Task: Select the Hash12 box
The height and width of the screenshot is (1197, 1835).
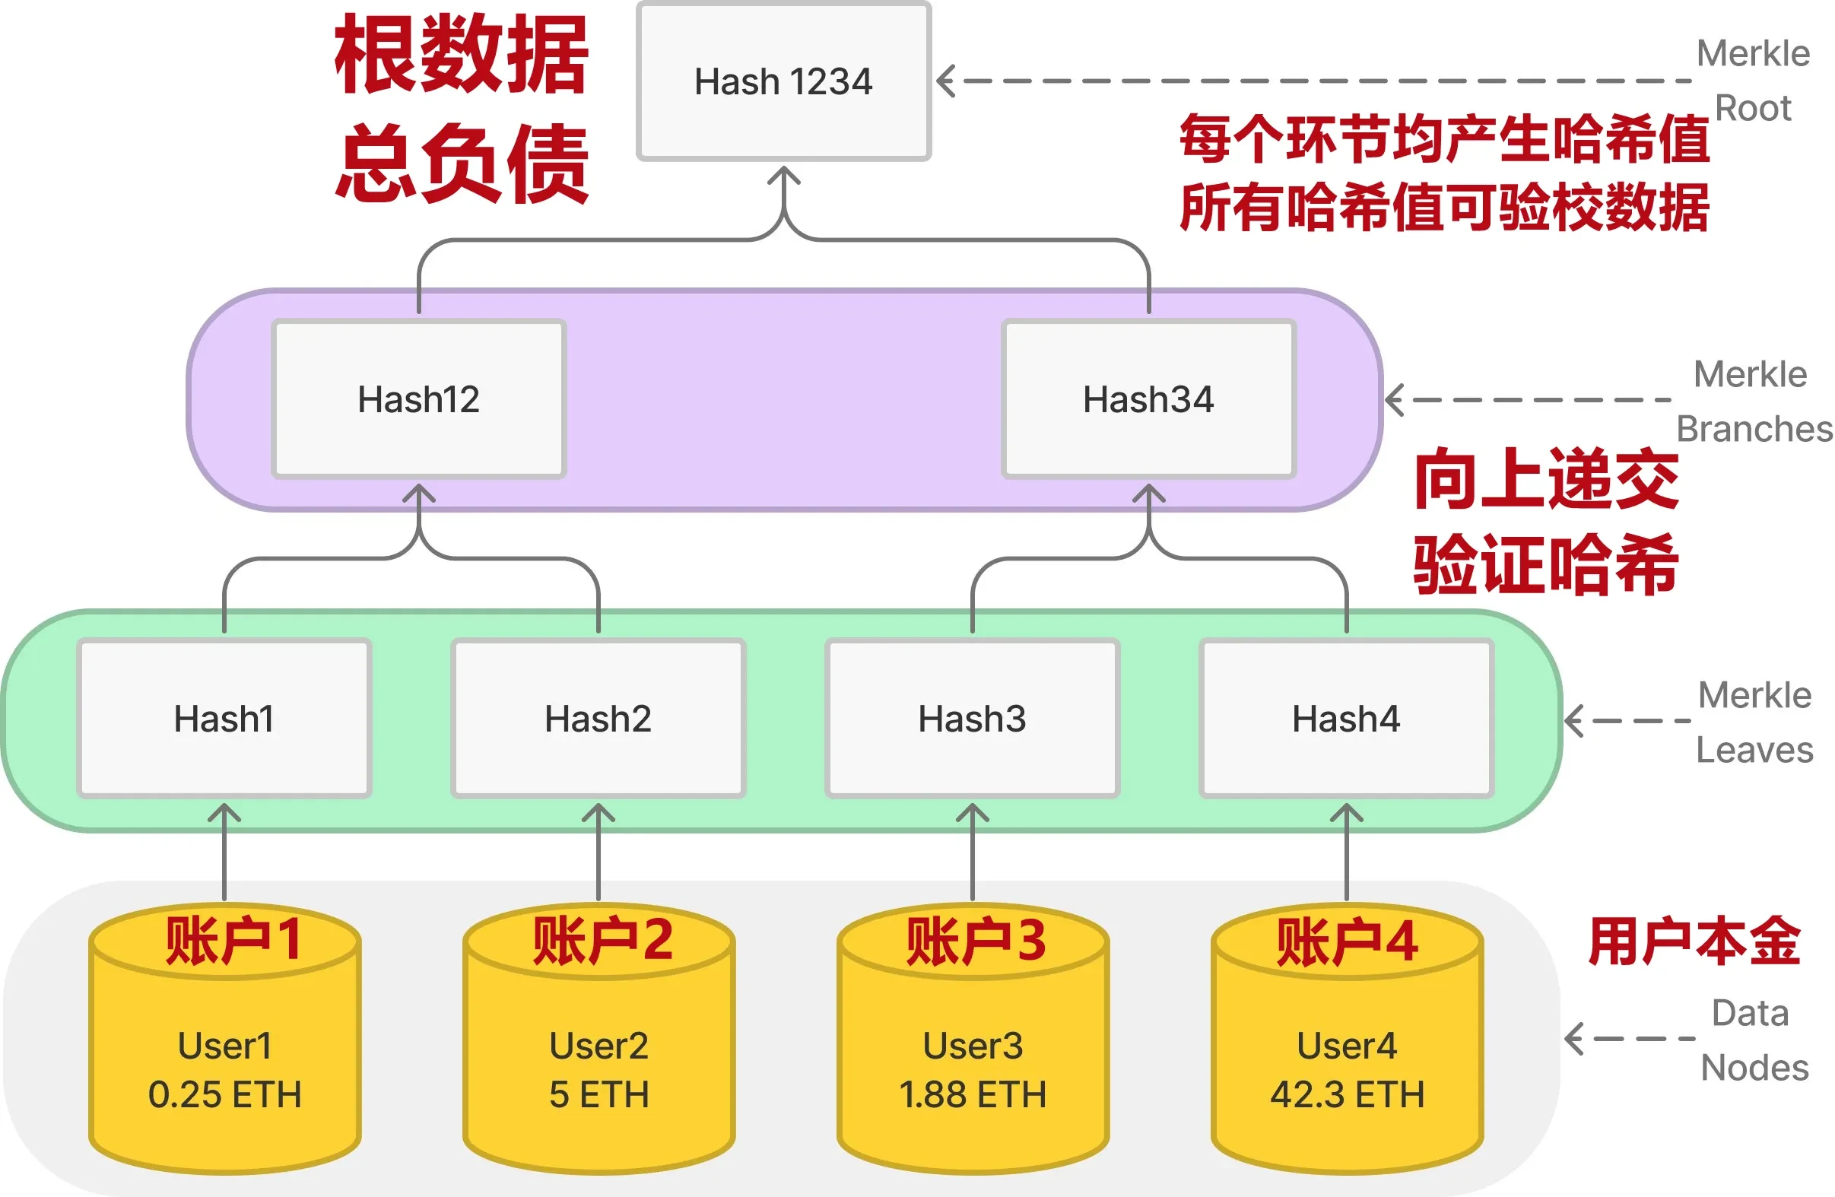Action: [419, 399]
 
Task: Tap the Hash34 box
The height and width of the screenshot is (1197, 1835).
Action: [1148, 399]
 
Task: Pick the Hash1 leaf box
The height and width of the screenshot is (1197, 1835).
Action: [224, 719]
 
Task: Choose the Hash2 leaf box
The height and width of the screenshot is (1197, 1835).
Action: [598, 719]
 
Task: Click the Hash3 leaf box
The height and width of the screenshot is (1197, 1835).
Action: [972, 719]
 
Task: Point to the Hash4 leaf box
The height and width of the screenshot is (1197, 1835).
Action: [1346, 719]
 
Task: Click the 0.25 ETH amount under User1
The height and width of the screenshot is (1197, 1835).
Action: [224, 1094]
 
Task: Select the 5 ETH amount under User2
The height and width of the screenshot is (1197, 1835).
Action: [599, 1094]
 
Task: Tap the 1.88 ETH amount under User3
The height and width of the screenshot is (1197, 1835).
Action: [973, 1094]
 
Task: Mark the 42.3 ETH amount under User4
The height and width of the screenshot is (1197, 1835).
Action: [1347, 1094]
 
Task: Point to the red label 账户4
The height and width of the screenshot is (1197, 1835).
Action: [1346, 941]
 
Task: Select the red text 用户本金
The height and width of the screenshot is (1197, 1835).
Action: [1694, 941]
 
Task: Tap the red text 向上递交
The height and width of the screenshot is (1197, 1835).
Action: [1546, 480]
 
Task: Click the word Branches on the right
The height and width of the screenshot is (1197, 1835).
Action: [1754, 429]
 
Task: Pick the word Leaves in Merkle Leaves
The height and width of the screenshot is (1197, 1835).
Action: [1754, 750]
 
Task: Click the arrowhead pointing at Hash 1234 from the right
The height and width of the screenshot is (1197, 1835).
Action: [946, 81]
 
